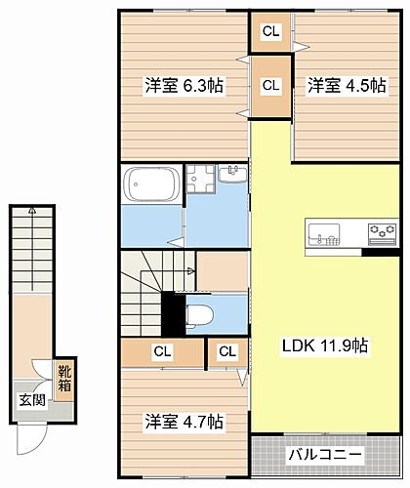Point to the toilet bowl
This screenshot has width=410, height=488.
coord(198,314)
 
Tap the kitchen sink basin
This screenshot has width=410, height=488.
coord(323,234)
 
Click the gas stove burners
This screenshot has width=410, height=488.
coord(381,233)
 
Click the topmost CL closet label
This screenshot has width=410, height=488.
coord(271,32)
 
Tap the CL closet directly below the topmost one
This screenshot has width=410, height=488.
coord(271,86)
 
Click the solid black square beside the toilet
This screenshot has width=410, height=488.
coord(173,312)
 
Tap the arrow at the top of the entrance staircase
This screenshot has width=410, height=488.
coord(31,211)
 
